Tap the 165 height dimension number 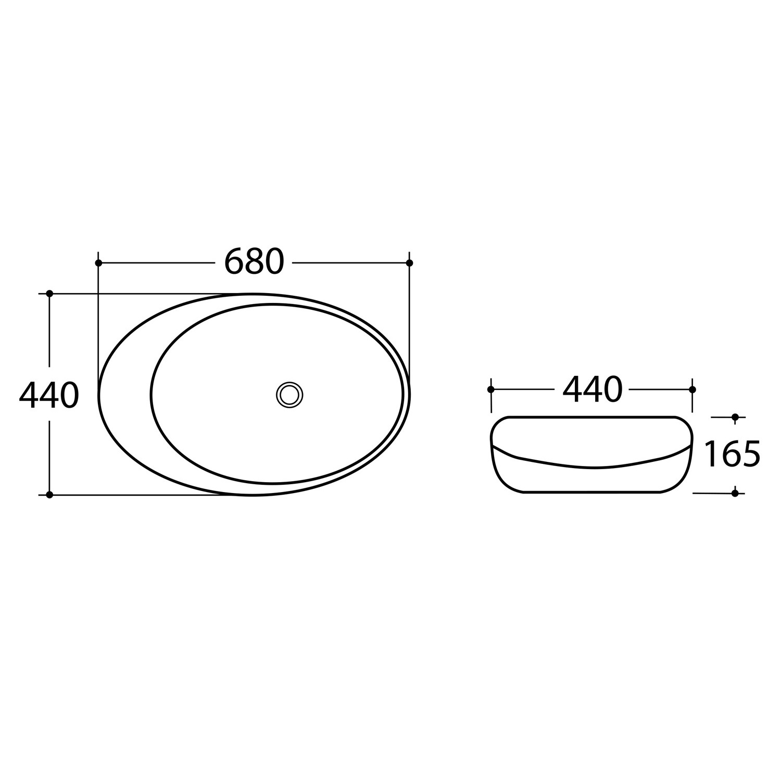point(732,454)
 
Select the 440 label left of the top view point(49,395)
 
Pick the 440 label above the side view point(593,389)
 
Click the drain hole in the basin point(289,394)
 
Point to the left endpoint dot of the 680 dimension point(98,263)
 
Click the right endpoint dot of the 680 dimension point(409,263)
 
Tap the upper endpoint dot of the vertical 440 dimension point(49,294)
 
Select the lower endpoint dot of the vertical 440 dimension point(49,495)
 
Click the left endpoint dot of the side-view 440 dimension point(490,389)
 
